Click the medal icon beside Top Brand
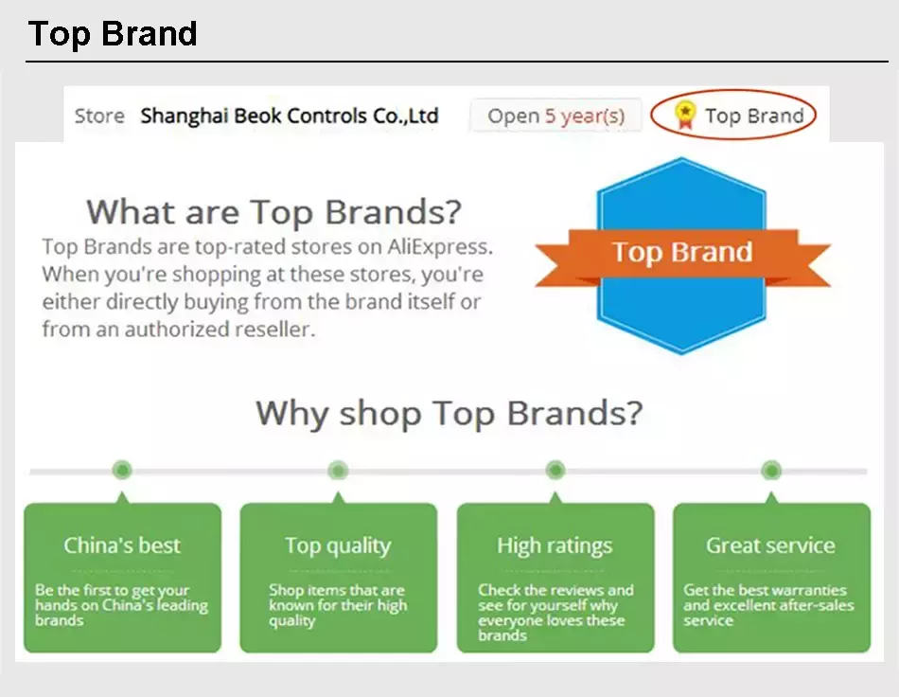point(684,115)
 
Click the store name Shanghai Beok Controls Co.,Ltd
point(290,116)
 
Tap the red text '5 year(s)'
point(584,116)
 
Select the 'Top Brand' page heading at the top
point(113,33)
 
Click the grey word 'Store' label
point(99,116)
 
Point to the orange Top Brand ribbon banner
point(682,257)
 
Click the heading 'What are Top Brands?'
point(273,212)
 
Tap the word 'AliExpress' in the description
point(440,246)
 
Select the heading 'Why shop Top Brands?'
point(449,413)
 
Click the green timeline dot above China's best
point(121,471)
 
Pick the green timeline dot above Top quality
point(338,471)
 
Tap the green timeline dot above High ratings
point(555,471)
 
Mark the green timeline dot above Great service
point(771,471)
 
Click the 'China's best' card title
point(122,545)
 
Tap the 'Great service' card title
point(771,545)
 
